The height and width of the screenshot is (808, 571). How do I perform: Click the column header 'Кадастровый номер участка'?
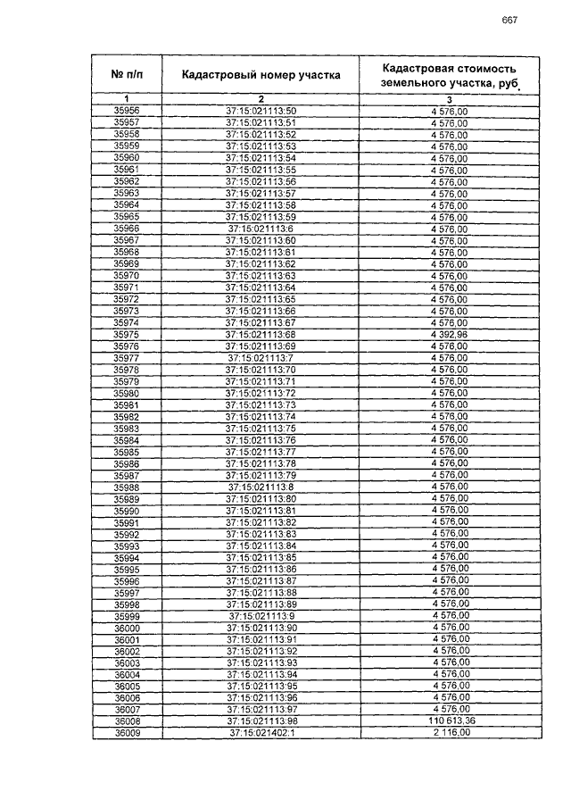(261, 76)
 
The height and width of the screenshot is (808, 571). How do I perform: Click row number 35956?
(127, 111)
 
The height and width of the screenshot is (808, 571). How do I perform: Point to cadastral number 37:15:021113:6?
(261, 229)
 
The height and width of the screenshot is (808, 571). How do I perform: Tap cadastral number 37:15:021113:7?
(261, 358)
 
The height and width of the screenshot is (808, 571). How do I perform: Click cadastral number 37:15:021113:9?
(261, 616)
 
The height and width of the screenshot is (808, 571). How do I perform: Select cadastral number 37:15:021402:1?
(261, 734)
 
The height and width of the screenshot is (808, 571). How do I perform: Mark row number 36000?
(127, 628)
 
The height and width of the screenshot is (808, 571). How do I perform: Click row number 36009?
(127, 734)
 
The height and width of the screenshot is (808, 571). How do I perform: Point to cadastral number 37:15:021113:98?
(261, 721)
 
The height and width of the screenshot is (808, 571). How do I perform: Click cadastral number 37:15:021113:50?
(261, 111)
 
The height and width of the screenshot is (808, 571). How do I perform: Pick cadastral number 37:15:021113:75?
(261, 429)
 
